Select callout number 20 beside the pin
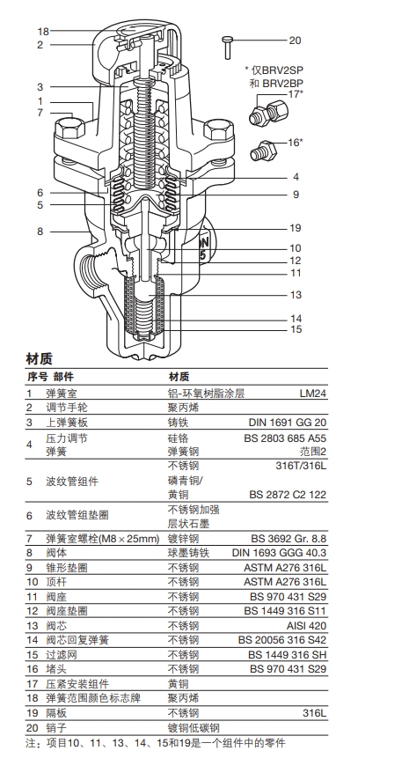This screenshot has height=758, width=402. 295,40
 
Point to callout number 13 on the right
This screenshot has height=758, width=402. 296,295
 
